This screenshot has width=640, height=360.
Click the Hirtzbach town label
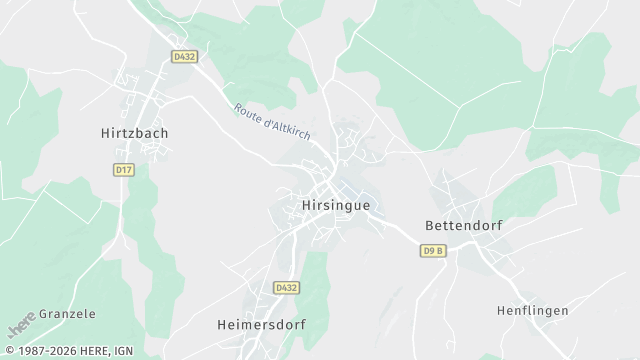[x=133, y=132]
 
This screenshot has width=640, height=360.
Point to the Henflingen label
[x=532, y=311]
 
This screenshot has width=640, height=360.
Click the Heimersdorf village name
[x=261, y=325]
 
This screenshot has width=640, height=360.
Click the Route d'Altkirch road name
[x=272, y=123]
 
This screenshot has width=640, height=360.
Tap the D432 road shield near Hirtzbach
[x=182, y=58]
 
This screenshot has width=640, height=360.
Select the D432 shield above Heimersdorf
[x=286, y=288]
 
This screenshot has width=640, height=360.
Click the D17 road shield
[x=124, y=170]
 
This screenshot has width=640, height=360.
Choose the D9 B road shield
[x=432, y=250]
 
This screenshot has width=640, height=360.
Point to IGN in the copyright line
[x=123, y=351]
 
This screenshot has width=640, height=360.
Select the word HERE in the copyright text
[x=93, y=351]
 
